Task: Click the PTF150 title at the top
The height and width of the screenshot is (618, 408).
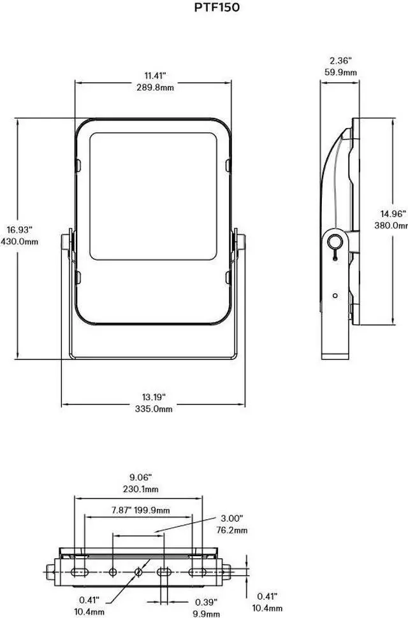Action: tap(217, 8)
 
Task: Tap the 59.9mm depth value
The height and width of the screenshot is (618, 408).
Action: tap(340, 73)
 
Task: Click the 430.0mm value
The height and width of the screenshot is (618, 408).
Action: tap(20, 242)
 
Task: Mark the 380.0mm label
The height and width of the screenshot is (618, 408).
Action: tap(391, 226)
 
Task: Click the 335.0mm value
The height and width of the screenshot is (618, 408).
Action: tap(154, 410)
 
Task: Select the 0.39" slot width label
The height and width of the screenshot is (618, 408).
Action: tap(206, 601)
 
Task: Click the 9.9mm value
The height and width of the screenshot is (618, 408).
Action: tap(206, 613)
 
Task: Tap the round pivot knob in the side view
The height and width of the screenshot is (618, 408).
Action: tap(334, 240)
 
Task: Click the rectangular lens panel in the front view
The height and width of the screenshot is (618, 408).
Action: tap(154, 196)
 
